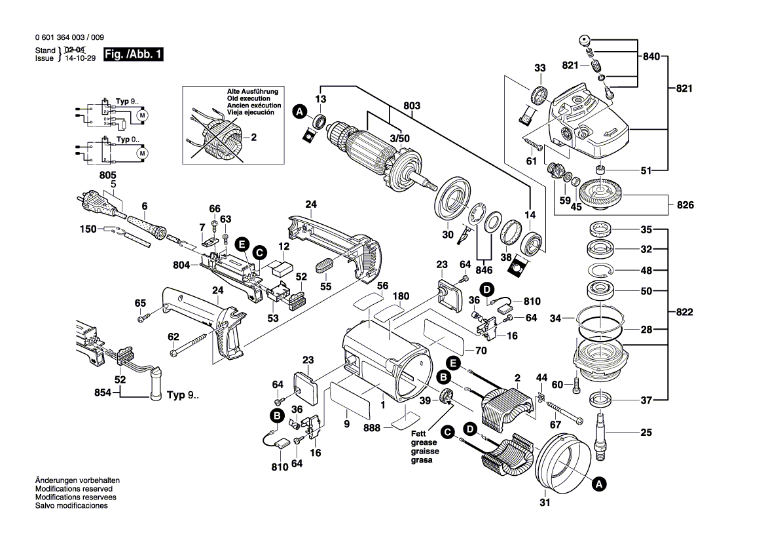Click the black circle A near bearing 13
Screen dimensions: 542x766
pos(299,113)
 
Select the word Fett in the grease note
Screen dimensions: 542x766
pos(418,434)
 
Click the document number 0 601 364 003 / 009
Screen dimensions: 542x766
pos(69,38)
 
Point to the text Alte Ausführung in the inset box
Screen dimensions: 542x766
pos(253,91)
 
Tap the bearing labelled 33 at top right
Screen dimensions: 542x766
pos(541,95)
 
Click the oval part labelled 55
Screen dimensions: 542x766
pos(325,267)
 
